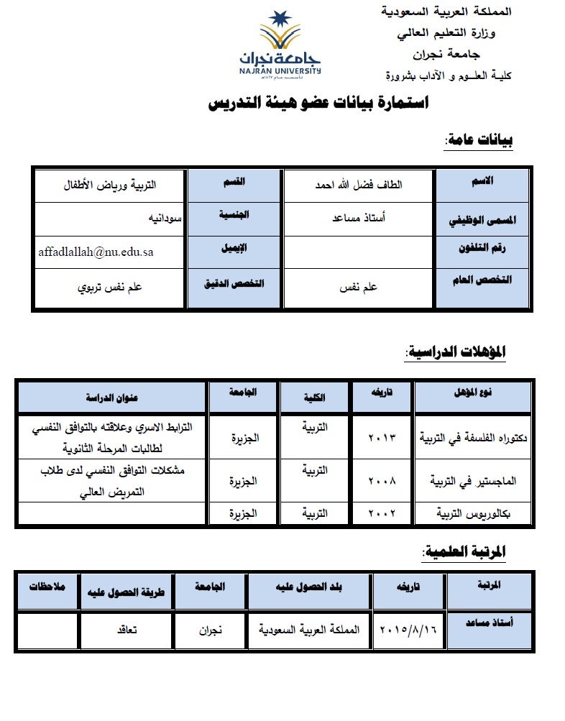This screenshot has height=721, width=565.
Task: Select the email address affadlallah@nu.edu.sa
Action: click(x=96, y=252)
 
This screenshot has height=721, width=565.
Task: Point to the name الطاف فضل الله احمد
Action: click(x=359, y=185)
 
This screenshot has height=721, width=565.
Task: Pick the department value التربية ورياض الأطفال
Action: click(x=109, y=185)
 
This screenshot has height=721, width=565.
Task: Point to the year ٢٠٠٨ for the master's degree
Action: click(x=382, y=479)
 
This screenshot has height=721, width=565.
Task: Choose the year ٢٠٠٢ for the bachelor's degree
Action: click(x=382, y=513)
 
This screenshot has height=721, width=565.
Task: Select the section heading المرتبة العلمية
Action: click(x=464, y=551)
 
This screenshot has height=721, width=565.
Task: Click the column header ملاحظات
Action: click(x=47, y=587)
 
